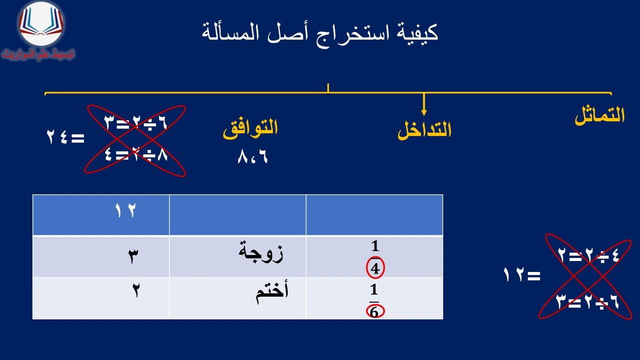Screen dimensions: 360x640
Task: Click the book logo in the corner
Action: tap(41, 24)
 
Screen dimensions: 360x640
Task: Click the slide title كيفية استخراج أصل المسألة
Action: tap(320, 33)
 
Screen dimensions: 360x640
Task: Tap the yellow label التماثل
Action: tap(599, 116)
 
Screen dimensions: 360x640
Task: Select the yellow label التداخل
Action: tap(424, 130)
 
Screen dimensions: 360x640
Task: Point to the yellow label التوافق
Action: tap(250, 127)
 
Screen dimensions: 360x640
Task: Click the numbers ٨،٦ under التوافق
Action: tap(253, 157)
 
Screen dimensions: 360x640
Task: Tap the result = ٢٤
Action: tap(65, 137)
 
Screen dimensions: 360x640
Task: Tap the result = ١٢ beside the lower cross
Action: tap(522, 275)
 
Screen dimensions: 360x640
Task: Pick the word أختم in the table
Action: tap(272, 293)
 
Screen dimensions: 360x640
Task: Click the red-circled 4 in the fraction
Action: tap(375, 269)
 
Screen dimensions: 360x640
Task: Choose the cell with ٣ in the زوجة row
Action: tap(133, 256)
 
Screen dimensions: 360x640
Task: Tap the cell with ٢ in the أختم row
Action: tap(135, 291)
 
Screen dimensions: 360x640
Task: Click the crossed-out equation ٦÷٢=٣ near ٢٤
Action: tap(135, 121)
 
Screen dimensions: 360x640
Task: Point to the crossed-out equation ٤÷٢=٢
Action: tap(588, 256)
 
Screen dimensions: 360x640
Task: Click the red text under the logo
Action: tap(38, 54)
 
